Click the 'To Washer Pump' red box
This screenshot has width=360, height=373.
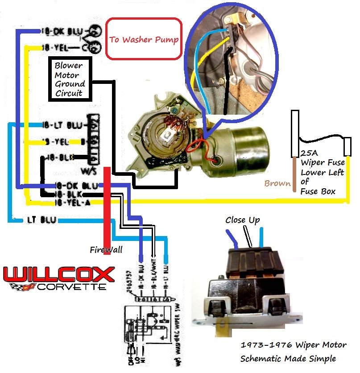coord(144,39)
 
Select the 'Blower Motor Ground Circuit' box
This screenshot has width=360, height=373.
coord(70,79)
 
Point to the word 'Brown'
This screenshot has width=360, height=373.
coord(277,183)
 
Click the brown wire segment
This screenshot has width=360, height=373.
coord(294,174)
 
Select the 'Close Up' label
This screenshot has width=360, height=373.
coord(242,220)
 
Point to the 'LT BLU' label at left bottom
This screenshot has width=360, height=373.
coord(41,220)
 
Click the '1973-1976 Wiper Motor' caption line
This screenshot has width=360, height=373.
coord(293,345)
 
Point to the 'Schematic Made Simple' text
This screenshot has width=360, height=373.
coord(288,359)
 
